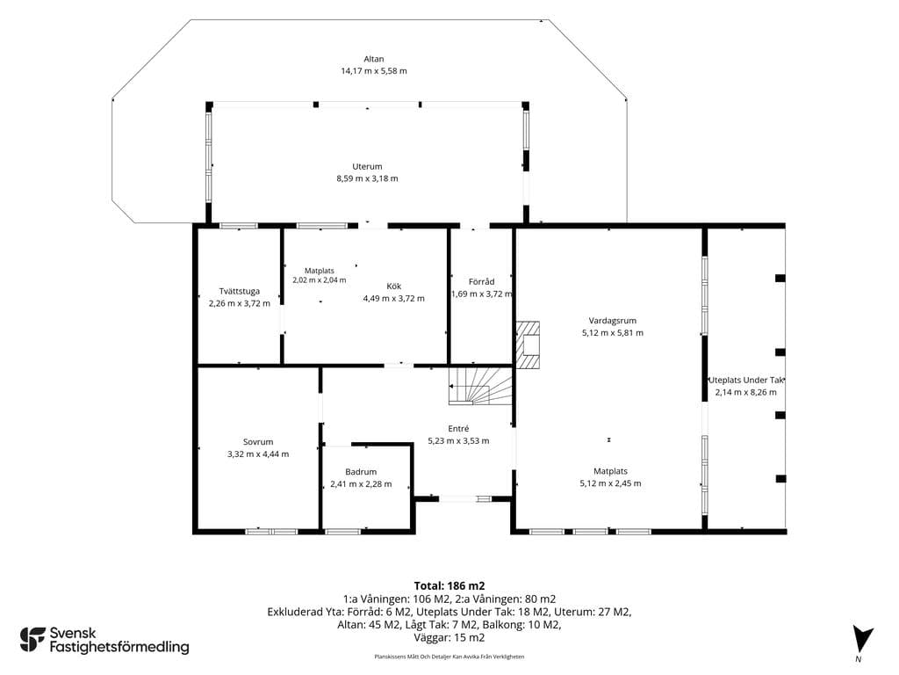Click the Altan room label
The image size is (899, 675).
pos(374,59)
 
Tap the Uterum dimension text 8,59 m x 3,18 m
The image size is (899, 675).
pos(367,178)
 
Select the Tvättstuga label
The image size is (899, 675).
pos(239,291)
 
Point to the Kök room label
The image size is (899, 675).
pos(394,286)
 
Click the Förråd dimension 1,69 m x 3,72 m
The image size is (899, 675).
pos(482,294)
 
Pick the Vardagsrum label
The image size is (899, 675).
pos(612,321)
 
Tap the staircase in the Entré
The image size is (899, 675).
pos(480,386)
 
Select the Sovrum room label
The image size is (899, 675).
pos(258,442)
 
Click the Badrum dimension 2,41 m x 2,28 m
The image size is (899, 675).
pos(361,484)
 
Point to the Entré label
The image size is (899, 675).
pos(458,429)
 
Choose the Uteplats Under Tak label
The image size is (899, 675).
pos(746,380)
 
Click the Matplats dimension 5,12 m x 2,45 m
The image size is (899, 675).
pos(611,483)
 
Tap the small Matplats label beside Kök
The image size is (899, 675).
pos(320,271)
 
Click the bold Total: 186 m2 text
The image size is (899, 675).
pos(449,586)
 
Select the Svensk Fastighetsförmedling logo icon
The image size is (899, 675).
pos(32,640)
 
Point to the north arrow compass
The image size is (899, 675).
pos(861,639)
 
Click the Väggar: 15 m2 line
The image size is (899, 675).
pos(449,638)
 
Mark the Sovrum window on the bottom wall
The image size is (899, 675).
pos(271,532)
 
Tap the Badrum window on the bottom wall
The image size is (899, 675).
pos(343,532)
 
